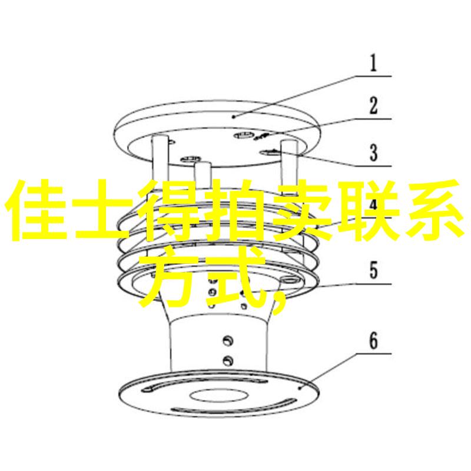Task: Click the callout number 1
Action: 373,63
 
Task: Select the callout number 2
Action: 373,106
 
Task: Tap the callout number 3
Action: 373,152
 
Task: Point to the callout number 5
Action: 373,270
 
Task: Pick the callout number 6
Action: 373,341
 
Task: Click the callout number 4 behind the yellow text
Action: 373,204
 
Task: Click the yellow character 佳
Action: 35,210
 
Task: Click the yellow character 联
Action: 363,210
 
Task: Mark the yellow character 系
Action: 429,210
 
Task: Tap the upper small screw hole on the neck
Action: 227,341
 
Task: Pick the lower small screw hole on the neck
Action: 228,360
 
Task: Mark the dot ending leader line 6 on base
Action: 300,388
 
